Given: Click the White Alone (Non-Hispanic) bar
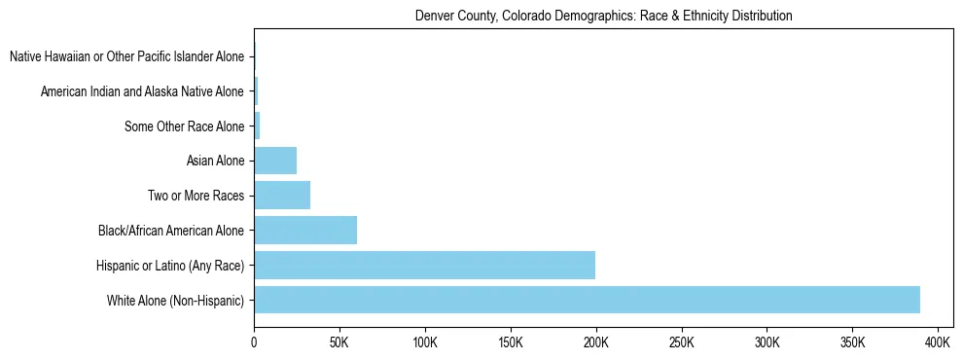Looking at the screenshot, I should click(x=587, y=300).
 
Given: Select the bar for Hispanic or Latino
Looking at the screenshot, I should click(x=424, y=265).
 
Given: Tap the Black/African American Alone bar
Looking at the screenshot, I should click(x=305, y=231).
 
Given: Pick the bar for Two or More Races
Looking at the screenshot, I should click(x=282, y=196).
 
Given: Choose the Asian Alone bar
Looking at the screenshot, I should click(x=275, y=161).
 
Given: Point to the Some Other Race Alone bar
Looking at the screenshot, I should click(x=257, y=126).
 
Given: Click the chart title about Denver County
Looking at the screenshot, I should click(x=603, y=16).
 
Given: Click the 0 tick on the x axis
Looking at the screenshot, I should click(x=254, y=343).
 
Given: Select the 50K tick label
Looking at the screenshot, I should click(x=339, y=343).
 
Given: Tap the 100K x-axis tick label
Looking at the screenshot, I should click(x=425, y=343).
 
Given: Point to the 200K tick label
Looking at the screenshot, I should click(x=595, y=343).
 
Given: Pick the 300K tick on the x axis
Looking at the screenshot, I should click(x=767, y=343).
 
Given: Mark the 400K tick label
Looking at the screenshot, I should click(x=938, y=343).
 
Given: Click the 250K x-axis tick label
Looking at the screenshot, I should click(x=681, y=343).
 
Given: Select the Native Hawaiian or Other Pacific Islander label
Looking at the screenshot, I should click(x=127, y=57).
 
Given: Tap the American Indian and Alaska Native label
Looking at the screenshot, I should click(x=143, y=91).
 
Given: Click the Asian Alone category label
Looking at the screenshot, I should click(x=215, y=162).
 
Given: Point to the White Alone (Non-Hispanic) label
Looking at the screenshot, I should click(x=176, y=300).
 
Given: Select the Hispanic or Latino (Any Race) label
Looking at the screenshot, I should click(x=170, y=266).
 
